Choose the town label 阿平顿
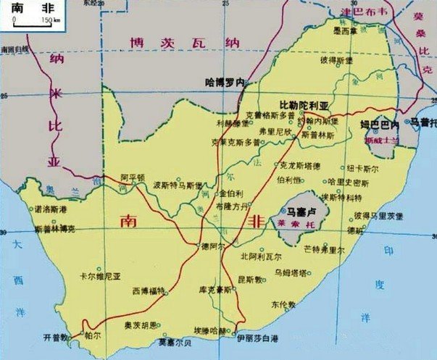(x=133, y=177)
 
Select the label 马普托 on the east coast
(x=423, y=123)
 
